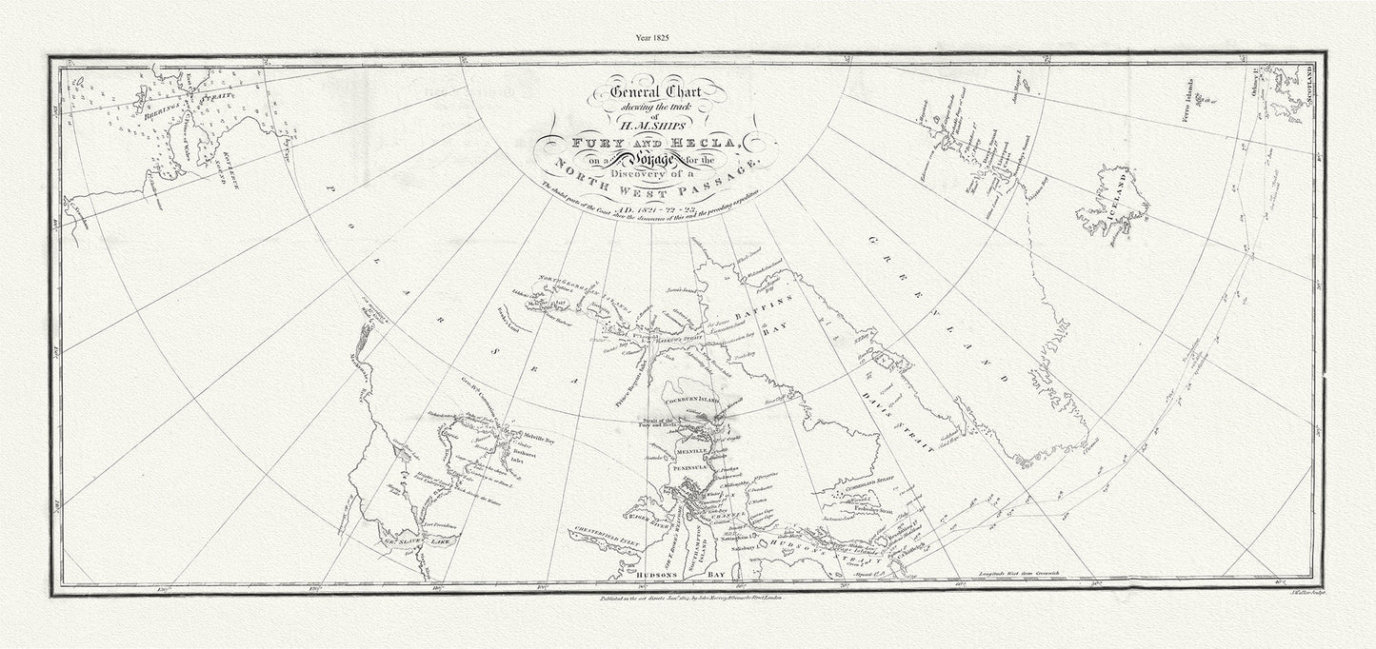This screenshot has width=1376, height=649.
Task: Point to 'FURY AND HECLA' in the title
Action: [x=655, y=142]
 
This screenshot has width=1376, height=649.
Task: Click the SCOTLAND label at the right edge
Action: [x=1311, y=85]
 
